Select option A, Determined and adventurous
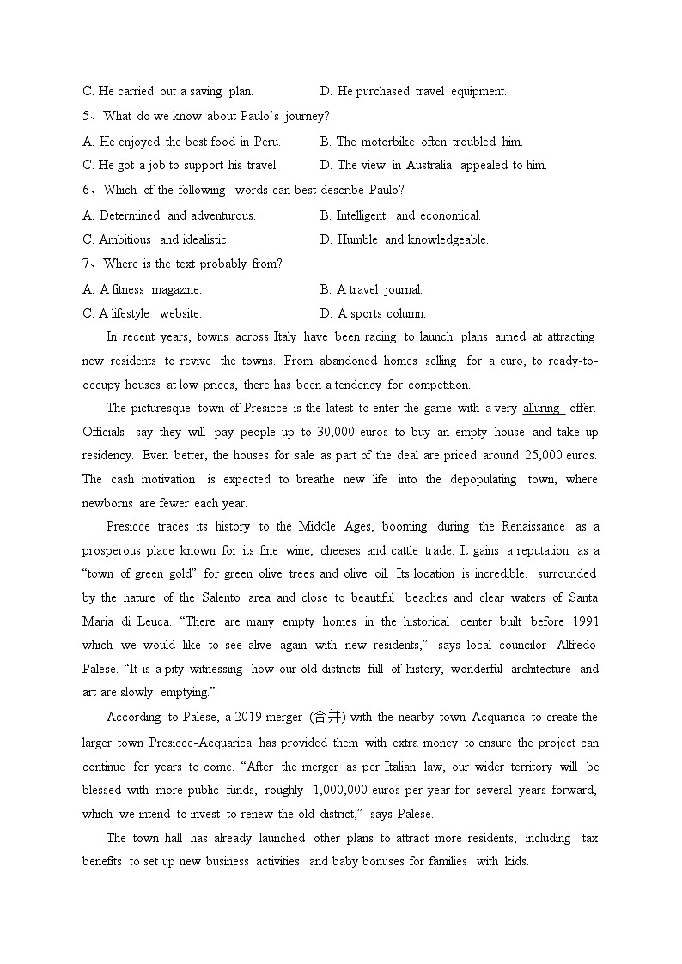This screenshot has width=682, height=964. coord(169,215)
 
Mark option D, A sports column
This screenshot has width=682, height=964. coord(373,313)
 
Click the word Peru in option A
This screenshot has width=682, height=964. coord(266,142)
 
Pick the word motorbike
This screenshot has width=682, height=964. coord(387,142)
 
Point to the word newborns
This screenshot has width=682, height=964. coord(107,503)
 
